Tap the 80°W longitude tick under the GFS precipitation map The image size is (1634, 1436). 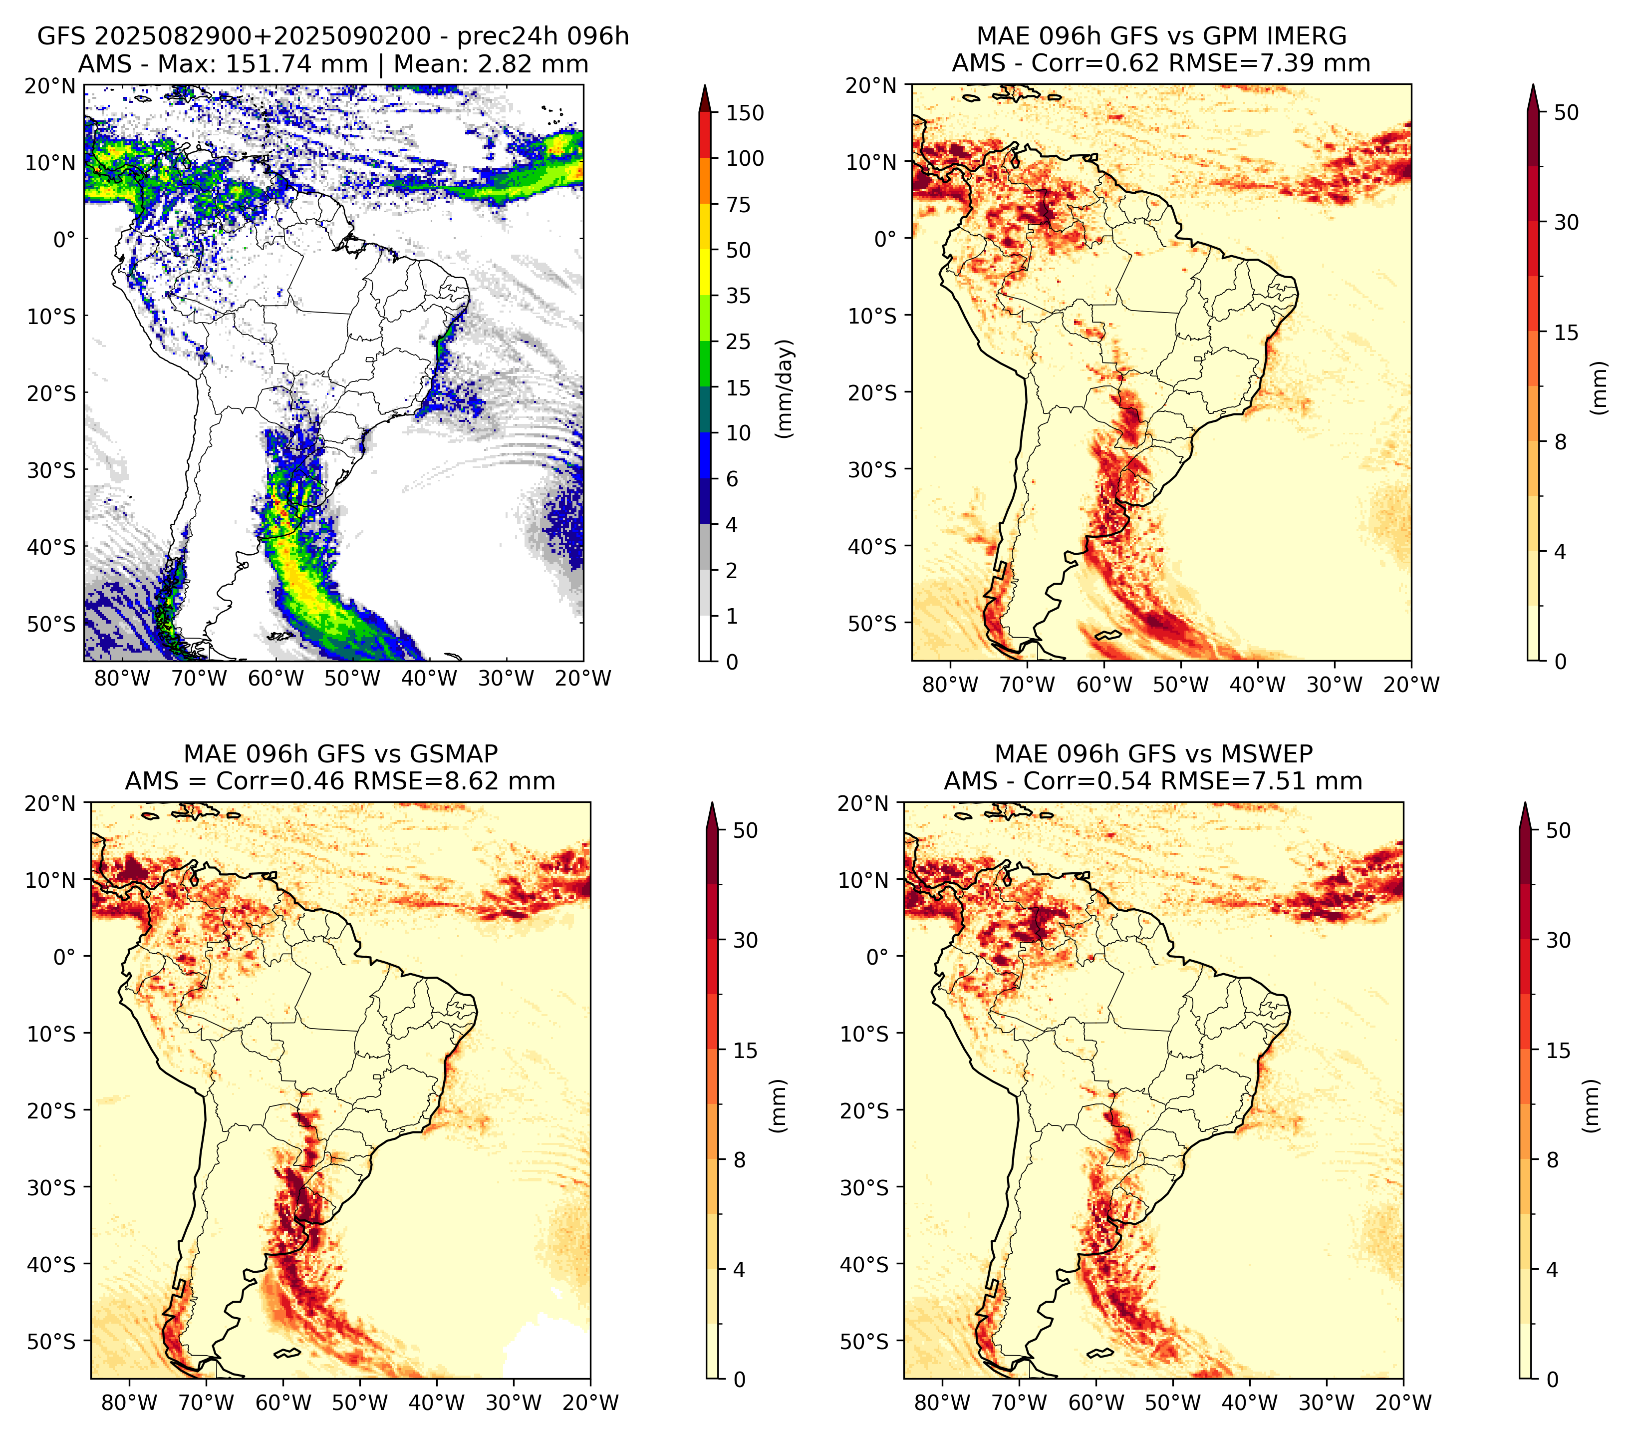[122, 679]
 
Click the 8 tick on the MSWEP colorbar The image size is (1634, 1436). [1553, 1159]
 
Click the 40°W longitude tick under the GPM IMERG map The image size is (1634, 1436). [1257, 685]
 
